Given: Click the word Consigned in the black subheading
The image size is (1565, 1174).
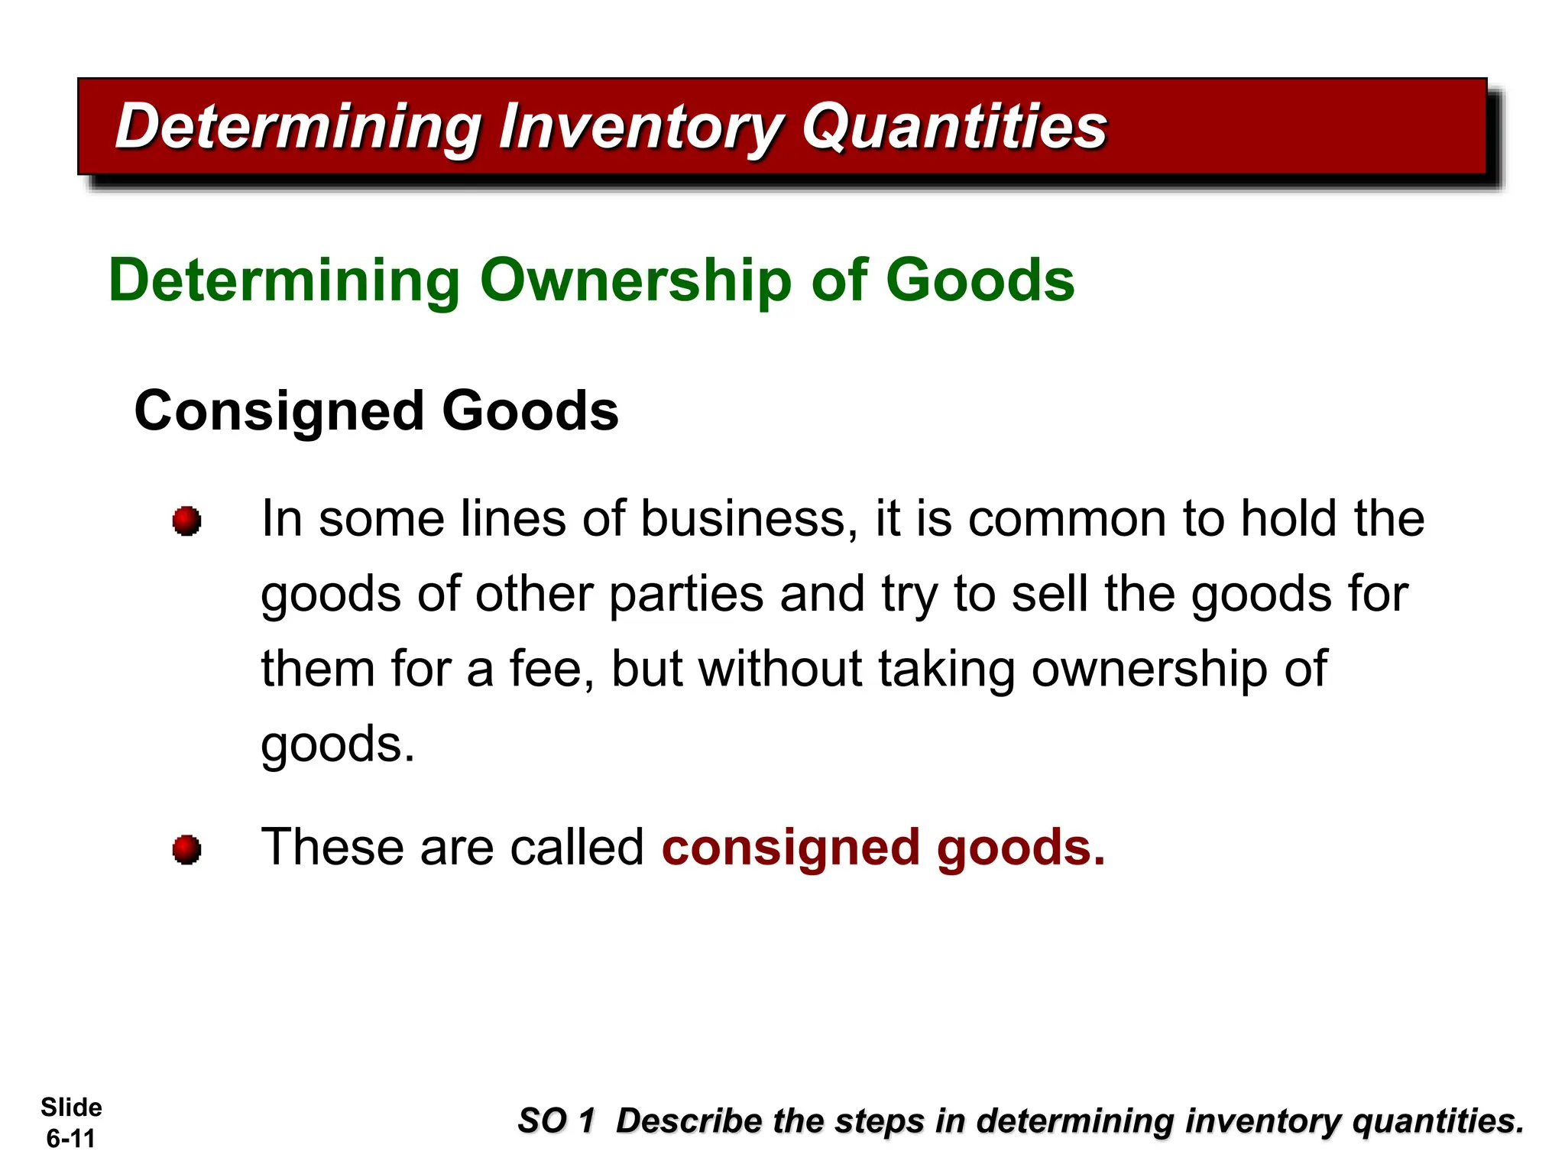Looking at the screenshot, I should (x=279, y=411).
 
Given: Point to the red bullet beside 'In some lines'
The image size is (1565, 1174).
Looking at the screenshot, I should (x=186, y=521).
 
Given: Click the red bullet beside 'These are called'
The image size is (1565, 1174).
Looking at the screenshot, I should (x=186, y=849).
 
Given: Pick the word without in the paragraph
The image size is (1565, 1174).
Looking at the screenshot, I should (x=780, y=669).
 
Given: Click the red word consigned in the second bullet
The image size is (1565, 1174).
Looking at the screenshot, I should (x=790, y=848).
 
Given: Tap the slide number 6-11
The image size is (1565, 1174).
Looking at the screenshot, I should (x=70, y=1139).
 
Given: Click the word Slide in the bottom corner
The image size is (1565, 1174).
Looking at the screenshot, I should (x=71, y=1108).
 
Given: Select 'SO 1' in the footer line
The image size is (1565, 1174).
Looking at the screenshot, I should (x=556, y=1121).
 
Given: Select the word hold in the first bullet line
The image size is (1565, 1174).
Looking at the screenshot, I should (x=1288, y=519).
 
